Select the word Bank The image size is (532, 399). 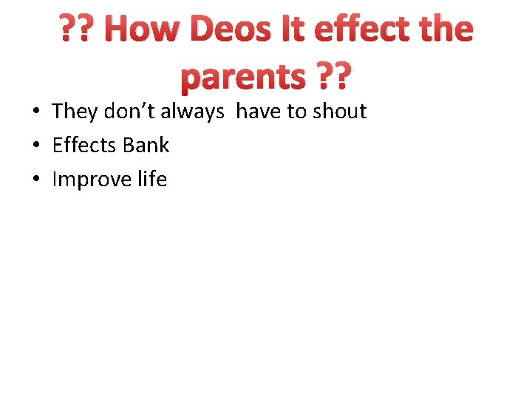(146, 146)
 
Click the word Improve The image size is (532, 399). (92, 180)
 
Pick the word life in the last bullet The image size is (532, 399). (152, 180)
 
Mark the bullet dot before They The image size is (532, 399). (35, 112)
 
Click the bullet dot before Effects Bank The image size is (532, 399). (35, 146)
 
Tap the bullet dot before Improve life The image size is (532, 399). (35, 180)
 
